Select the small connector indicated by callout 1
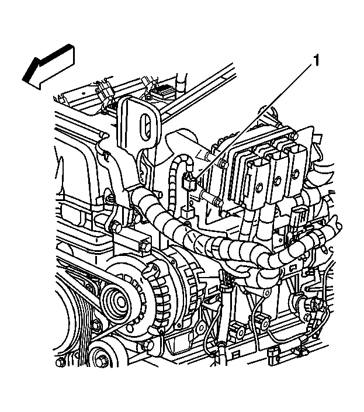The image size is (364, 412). coord(188,182)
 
